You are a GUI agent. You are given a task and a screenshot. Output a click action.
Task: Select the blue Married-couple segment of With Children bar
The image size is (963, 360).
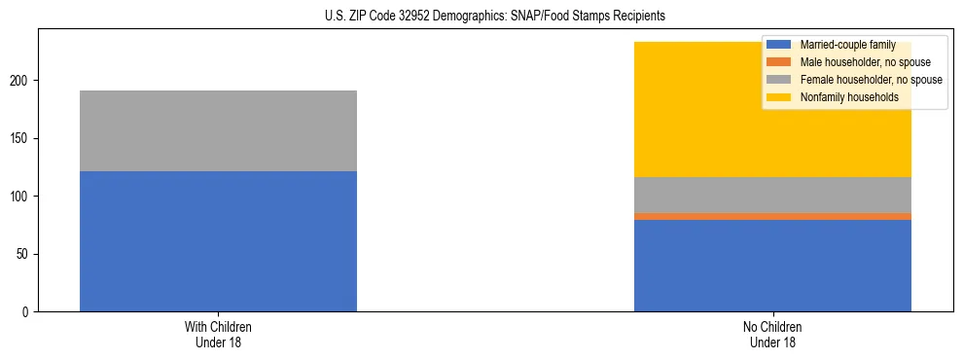pyautogui.click(x=218, y=241)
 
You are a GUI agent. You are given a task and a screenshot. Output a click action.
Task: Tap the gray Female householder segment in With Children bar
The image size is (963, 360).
pyautogui.click(x=218, y=130)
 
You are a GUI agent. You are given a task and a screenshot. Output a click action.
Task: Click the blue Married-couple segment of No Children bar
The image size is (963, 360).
pyautogui.click(x=772, y=266)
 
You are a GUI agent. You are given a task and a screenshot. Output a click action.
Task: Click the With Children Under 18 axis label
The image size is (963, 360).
pyautogui.click(x=218, y=335)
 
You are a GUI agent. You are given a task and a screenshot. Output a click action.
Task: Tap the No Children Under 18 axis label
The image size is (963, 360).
pyautogui.click(x=772, y=335)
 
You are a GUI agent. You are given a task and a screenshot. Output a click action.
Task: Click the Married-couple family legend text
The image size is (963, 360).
pyautogui.click(x=842, y=45)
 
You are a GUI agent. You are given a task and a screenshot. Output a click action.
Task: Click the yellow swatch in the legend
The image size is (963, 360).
pyautogui.click(x=779, y=97)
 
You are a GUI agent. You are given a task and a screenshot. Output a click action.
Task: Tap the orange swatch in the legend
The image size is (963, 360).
pyautogui.click(x=779, y=62)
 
